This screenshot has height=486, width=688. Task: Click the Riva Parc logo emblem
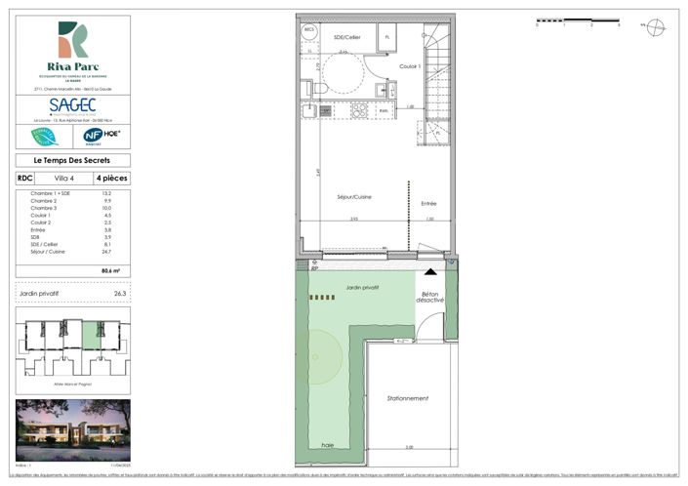72,39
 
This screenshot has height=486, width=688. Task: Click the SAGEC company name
73,101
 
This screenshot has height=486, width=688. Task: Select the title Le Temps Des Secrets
72,160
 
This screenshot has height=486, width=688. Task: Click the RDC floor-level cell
24,179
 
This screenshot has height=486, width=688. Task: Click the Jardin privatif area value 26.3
120,293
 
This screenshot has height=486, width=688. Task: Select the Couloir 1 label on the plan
409,66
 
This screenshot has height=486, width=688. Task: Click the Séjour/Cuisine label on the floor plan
354,197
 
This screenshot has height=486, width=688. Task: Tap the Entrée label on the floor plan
428,203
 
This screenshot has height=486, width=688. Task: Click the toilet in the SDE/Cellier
318,90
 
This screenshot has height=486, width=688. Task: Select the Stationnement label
408,398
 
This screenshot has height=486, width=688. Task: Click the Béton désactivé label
431,298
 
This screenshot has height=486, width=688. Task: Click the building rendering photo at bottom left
72,430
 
